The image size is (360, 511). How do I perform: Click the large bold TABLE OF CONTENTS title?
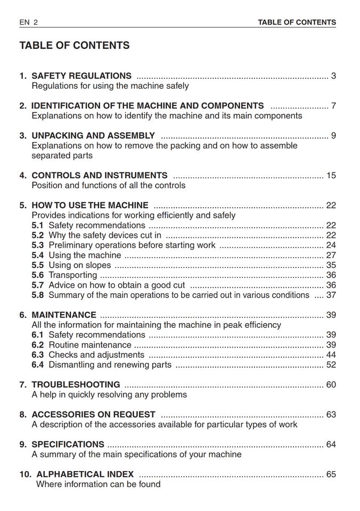click(x=75, y=46)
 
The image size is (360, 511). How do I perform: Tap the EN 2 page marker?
click(x=29, y=22)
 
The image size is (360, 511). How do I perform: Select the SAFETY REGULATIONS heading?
click(x=81, y=76)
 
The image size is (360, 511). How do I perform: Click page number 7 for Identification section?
click(x=333, y=106)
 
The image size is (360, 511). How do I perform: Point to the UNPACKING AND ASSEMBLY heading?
click(x=93, y=136)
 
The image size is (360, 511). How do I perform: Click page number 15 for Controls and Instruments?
click(x=331, y=176)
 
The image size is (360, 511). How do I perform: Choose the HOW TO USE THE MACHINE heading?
click(x=90, y=205)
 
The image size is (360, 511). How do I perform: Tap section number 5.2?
click(x=38, y=235)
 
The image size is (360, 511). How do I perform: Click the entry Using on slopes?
click(x=80, y=265)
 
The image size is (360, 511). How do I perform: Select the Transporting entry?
click(x=73, y=275)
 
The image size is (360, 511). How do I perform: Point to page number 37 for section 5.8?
click(x=331, y=295)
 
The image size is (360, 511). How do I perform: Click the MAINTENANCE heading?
click(x=64, y=315)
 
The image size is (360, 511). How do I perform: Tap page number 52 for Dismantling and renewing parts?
click(x=331, y=365)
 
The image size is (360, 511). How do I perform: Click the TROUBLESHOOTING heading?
click(x=76, y=385)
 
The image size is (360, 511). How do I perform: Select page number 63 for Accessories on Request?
click(x=331, y=415)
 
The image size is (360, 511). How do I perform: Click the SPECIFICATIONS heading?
click(x=68, y=444)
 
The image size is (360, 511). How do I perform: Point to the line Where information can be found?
click(x=98, y=484)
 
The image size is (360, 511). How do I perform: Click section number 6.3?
click(x=38, y=355)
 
